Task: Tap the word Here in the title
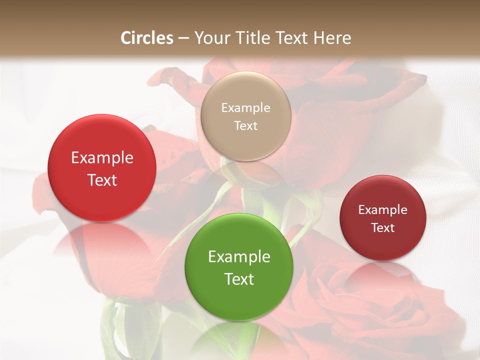(x=332, y=38)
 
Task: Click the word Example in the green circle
(x=239, y=257)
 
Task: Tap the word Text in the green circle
(x=239, y=279)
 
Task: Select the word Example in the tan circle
(x=246, y=108)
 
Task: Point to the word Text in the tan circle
(x=246, y=125)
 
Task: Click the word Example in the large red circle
(x=102, y=158)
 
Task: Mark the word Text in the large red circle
(x=102, y=180)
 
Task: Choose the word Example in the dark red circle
(x=383, y=210)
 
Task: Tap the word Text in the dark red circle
(x=383, y=227)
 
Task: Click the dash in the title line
(x=183, y=38)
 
